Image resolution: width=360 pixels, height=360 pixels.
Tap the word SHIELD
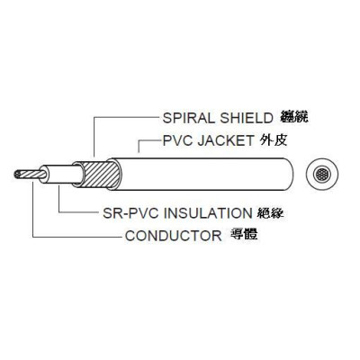247,118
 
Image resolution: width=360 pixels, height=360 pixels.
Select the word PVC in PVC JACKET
178,140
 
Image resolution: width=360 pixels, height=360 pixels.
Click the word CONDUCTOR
174,236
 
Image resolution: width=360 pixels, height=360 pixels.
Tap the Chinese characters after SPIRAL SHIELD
294,117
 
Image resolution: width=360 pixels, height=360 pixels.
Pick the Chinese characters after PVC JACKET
274,140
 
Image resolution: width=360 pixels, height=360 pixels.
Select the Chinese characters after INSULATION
271,212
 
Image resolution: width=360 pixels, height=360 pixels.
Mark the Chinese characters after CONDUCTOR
244,235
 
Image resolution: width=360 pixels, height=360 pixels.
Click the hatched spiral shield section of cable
98,175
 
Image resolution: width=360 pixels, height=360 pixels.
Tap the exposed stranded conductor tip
30,175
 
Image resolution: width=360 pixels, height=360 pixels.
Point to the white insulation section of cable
61,174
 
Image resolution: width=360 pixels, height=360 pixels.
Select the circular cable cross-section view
322,174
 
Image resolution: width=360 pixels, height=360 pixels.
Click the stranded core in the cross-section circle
322,174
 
